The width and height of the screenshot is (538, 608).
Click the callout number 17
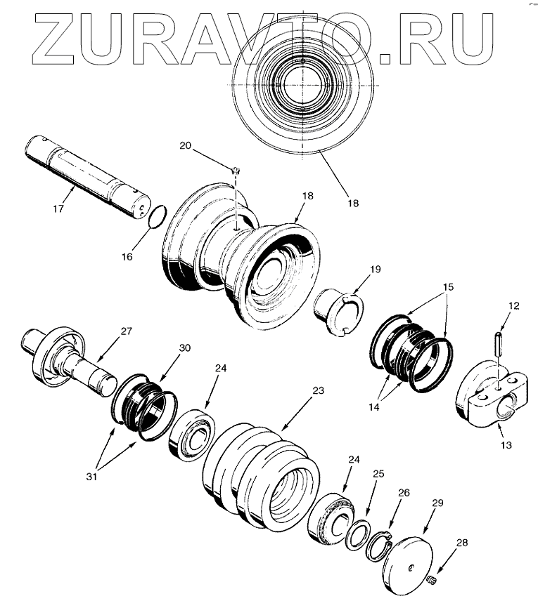point(58,209)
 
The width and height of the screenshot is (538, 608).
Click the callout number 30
point(184,348)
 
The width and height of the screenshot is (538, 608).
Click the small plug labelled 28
point(431,580)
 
